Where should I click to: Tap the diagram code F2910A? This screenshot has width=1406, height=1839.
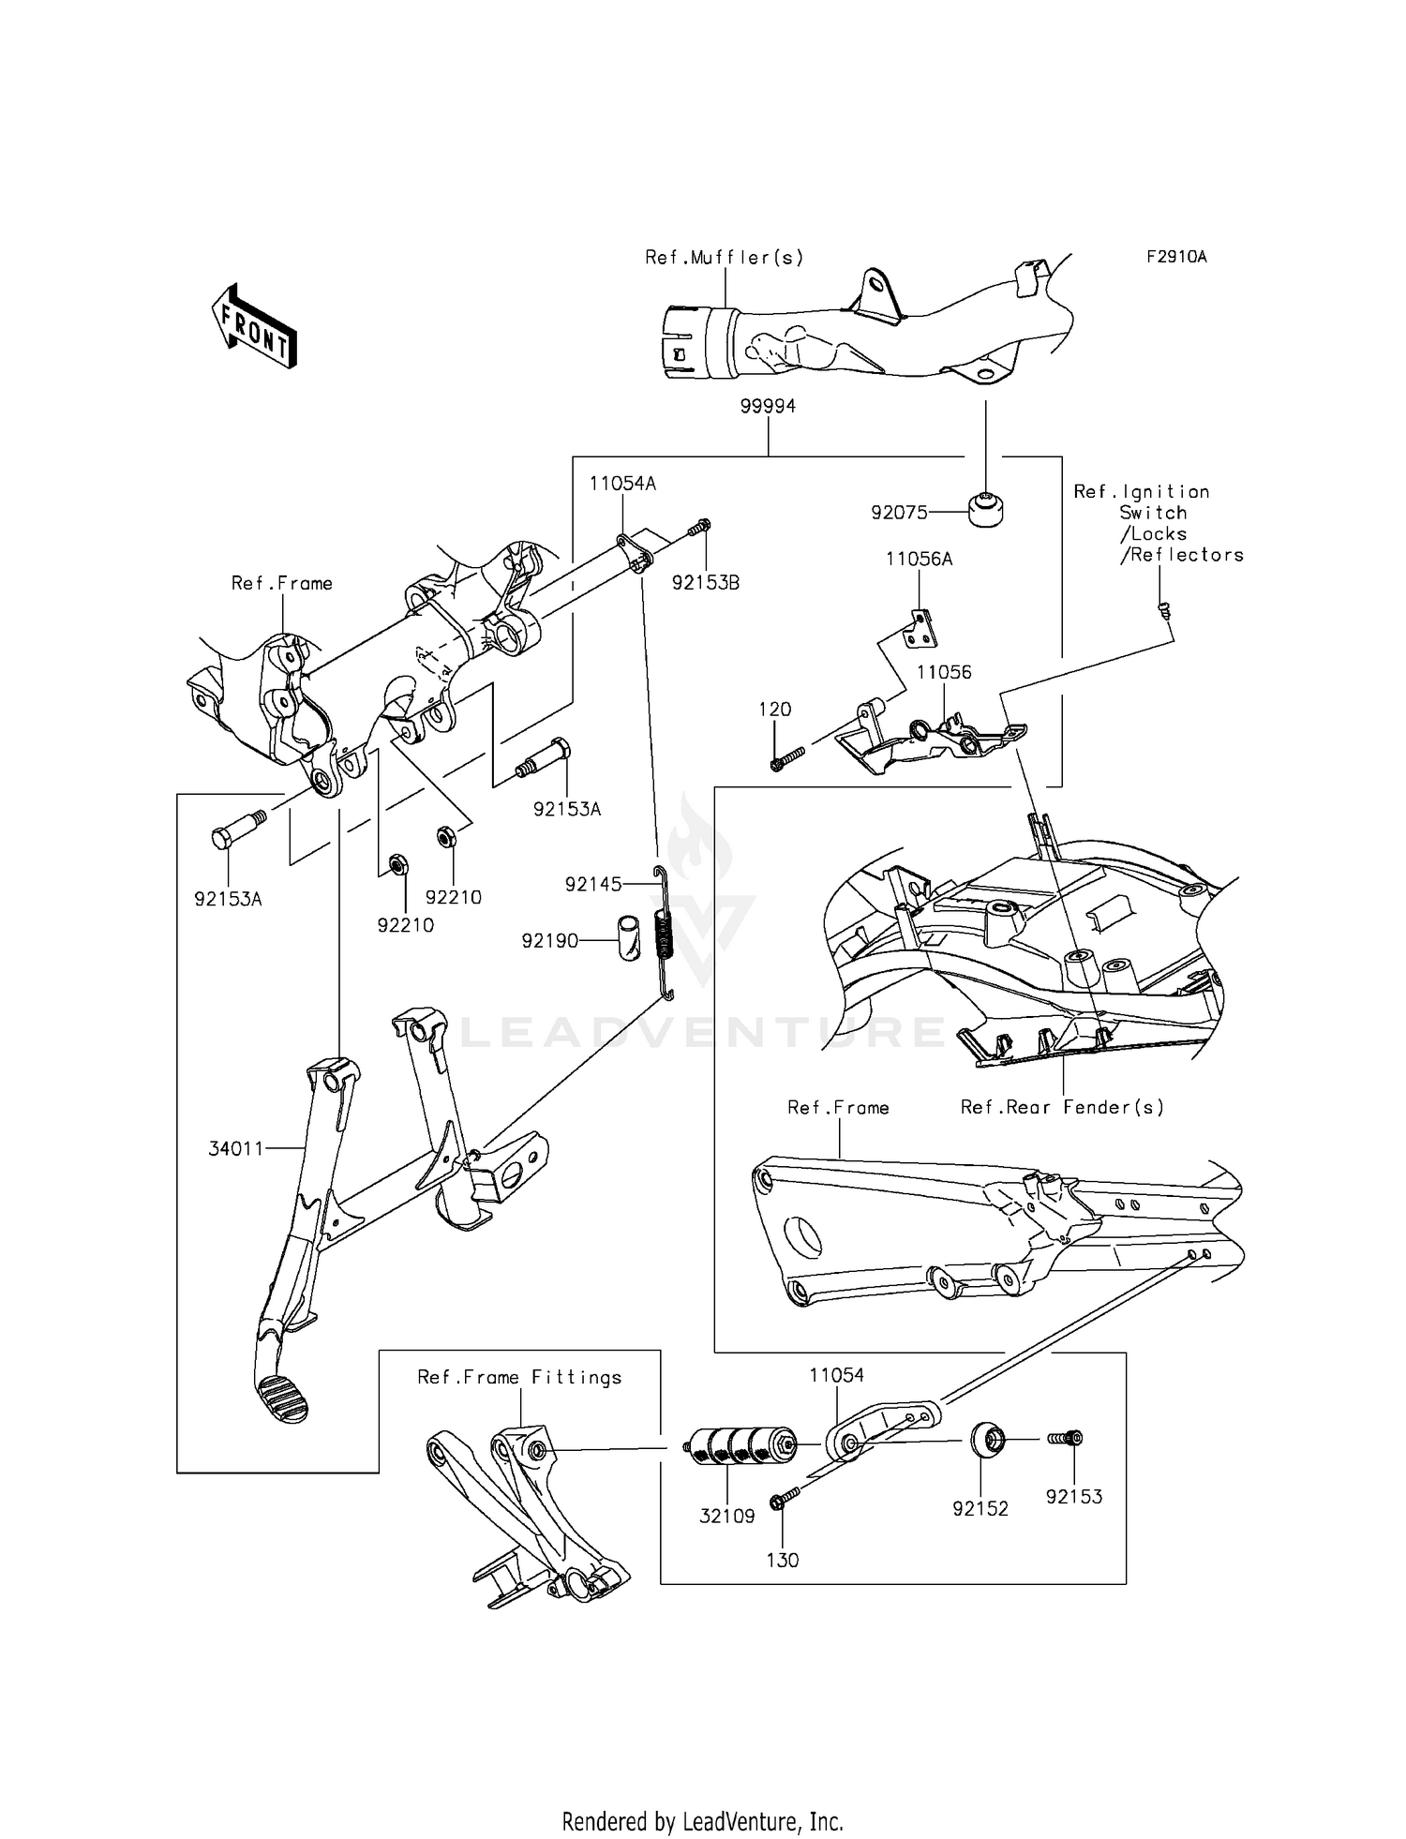1176,256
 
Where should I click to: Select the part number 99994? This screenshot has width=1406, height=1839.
768,406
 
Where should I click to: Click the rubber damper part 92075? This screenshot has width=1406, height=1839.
985,509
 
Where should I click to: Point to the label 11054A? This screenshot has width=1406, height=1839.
622,484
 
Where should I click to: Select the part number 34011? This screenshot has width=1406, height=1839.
235,1148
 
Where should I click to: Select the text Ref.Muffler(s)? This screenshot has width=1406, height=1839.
724,257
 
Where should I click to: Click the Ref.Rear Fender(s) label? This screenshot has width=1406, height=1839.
1062,1107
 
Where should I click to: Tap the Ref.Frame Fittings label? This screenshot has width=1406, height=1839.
519,1377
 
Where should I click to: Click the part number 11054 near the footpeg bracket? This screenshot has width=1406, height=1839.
836,1375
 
